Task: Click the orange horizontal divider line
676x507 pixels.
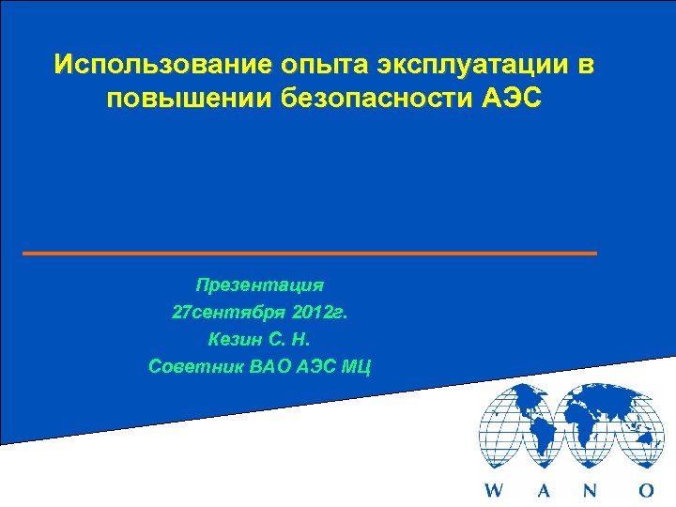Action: coord(310,253)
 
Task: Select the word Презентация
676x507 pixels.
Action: coord(260,283)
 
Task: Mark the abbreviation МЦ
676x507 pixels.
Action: coord(355,366)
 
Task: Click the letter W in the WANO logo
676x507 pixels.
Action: coord(493,490)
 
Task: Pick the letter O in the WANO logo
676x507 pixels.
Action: coord(645,490)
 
